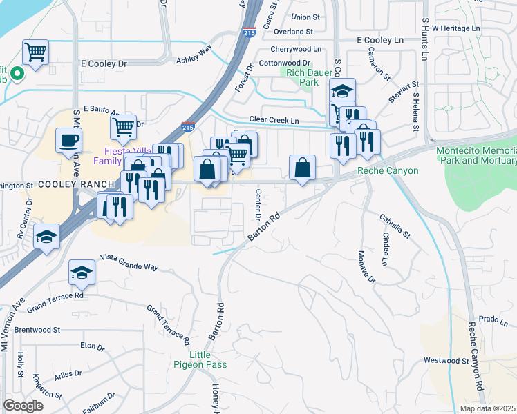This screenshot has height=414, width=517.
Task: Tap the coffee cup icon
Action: [x=68, y=141]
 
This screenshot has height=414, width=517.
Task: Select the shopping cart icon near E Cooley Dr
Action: [x=35, y=51]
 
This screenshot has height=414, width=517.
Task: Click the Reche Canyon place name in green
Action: [x=388, y=170]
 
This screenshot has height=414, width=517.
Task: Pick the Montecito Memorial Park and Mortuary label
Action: [x=476, y=155]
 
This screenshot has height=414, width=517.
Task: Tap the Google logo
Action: [x=23, y=405]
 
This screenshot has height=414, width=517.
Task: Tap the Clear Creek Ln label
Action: [x=274, y=120]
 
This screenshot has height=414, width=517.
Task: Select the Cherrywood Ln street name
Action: [x=296, y=49]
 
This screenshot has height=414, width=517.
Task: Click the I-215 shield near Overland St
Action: [x=250, y=32]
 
